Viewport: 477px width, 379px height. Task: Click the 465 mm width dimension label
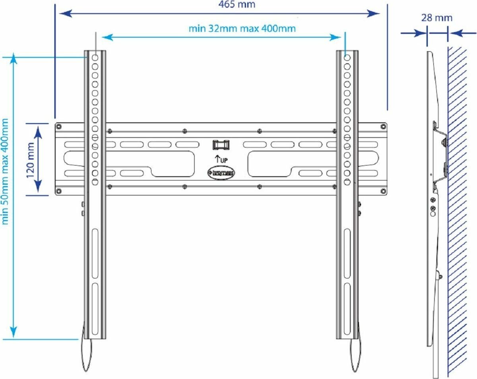(237, 5)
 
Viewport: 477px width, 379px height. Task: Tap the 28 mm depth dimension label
(437, 18)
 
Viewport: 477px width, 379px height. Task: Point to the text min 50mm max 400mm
(5, 171)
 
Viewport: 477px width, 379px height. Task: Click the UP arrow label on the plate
(221, 159)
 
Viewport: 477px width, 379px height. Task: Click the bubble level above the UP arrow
(221, 144)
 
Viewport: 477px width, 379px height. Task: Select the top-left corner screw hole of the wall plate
(59, 126)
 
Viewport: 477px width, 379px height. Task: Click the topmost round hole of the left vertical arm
(95, 57)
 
